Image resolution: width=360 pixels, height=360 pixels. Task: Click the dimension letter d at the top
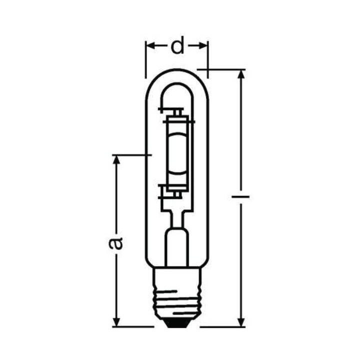[x=176, y=46]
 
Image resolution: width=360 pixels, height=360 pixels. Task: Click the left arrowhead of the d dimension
[x=149, y=46]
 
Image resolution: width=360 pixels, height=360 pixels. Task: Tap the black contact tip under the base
[x=176, y=323]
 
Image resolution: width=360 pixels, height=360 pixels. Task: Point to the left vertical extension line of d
[x=145, y=60]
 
